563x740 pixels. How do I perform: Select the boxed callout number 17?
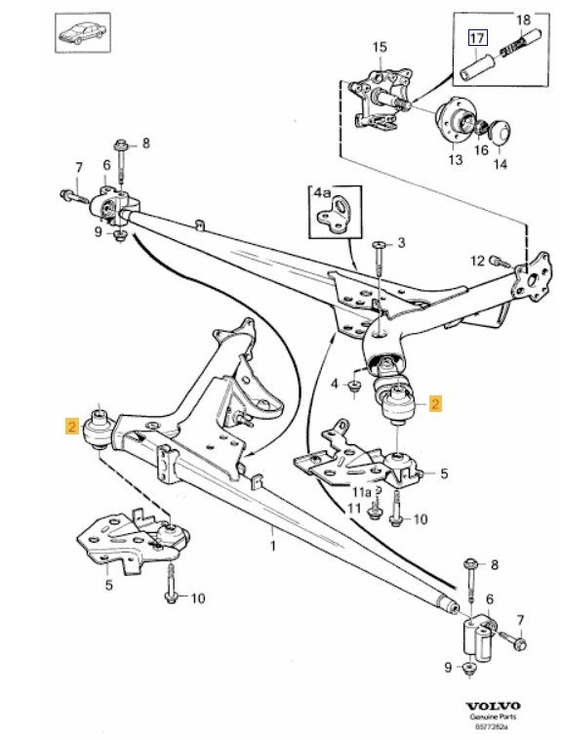tap(476, 39)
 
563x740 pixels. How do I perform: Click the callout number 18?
tap(522, 20)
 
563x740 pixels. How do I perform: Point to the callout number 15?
tap(380, 46)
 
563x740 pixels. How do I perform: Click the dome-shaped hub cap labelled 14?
tap(498, 131)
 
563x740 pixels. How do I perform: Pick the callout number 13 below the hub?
tap(454, 162)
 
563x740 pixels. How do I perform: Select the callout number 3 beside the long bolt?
tap(399, 241)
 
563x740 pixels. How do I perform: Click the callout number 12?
tap(477, 260)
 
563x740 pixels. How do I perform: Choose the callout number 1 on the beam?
tap(273, 546)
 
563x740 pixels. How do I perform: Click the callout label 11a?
tap(362, 492)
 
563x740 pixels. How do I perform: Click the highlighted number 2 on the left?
tap(71, 426)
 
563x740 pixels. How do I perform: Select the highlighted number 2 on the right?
tap(435, 402)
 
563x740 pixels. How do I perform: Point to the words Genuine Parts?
tap(492, 718)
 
